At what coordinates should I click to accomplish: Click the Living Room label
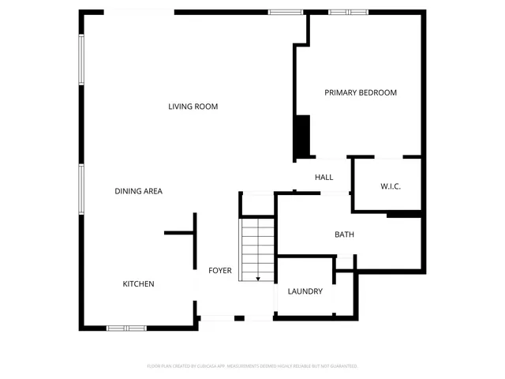pos(193,107)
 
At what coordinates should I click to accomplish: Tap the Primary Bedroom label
pos(361,92)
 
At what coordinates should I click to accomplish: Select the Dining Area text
pos(138,191)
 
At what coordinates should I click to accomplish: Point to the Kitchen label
pos(138,284)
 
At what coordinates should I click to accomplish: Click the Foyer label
pos(220,271)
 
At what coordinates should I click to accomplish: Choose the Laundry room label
pos(305,291)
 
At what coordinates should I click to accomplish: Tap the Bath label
pos(344,235)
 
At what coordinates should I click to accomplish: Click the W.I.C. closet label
pos(391,186)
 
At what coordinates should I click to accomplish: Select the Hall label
pos(324,178)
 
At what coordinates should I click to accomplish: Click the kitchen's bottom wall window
pos(126,328)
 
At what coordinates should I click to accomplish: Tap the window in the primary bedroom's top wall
pos(348,12)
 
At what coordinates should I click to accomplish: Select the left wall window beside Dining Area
pos(80,189)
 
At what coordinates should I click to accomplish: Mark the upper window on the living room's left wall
pos(80,60)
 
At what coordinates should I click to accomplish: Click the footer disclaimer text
pos(252,366)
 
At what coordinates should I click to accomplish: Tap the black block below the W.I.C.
pos(403,214)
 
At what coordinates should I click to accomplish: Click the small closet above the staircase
pos(256,204)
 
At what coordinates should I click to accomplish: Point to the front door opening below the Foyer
pos(236,317)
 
